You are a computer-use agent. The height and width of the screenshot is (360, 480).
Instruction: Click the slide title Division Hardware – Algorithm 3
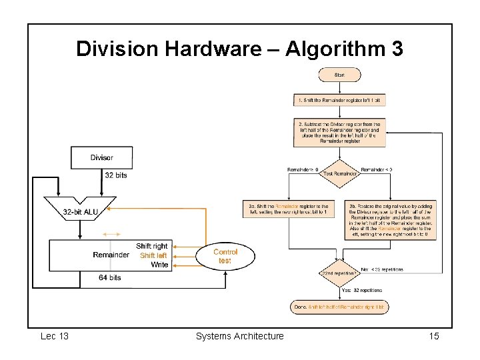(239, 49)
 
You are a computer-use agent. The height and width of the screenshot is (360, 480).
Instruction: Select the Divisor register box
(101, 158)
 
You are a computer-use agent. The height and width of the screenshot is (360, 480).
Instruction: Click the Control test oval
(225, 256)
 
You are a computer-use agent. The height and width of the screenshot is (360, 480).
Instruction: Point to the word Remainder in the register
(111, 255)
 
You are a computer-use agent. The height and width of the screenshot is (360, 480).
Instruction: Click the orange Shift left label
(153, 255)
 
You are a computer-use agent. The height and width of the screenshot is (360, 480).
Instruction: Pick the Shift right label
(151, 246)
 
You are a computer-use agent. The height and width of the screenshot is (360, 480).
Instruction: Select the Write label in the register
(159, 265)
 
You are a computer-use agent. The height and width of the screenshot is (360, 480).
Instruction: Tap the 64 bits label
(109, 277)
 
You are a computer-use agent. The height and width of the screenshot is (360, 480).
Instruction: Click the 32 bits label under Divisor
(115, 175)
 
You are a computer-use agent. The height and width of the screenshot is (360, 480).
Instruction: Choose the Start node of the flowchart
(339, 75)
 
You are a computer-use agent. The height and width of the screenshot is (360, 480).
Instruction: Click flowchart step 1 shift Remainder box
(339, 100)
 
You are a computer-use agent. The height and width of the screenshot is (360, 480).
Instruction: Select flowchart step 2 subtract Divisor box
(339, 132)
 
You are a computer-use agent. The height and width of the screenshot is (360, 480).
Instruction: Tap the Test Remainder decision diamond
(339, 173)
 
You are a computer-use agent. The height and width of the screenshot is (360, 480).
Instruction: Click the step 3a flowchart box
(289, 210)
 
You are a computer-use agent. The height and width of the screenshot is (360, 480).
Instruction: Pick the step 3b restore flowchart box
(390, 220)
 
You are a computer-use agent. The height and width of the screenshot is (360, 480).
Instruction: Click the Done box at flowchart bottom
(339, 307)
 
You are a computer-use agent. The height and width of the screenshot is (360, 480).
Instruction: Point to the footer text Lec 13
(55, 336)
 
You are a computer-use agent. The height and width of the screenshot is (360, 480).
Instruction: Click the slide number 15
(434, 336)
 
